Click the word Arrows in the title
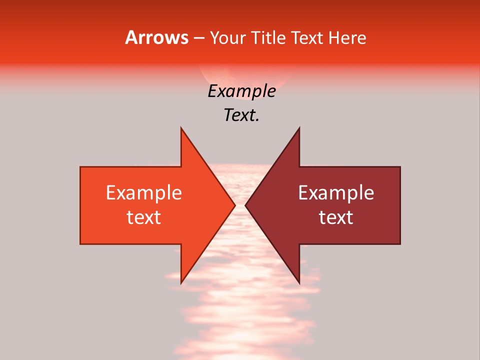click(x=156, y=37)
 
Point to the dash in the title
click(x=199, y=38)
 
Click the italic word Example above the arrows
click(x=241, y=91)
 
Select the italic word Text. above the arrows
click(x=241, y=115)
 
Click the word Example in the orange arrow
click(x=143, y=193)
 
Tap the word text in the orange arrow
click(x=143, y=217)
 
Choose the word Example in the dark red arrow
click(x=336, y=193)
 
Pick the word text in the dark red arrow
click(x=336, y=217)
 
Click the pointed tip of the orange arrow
click(x=235, y=205)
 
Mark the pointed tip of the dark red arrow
click(x=245, y=205)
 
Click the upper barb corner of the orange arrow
click(x=181, y=128)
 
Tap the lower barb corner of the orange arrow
click(x=181, y=283)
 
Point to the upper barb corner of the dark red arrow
click(x=299, y=128)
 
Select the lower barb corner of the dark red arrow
click(x=299, y=283)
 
